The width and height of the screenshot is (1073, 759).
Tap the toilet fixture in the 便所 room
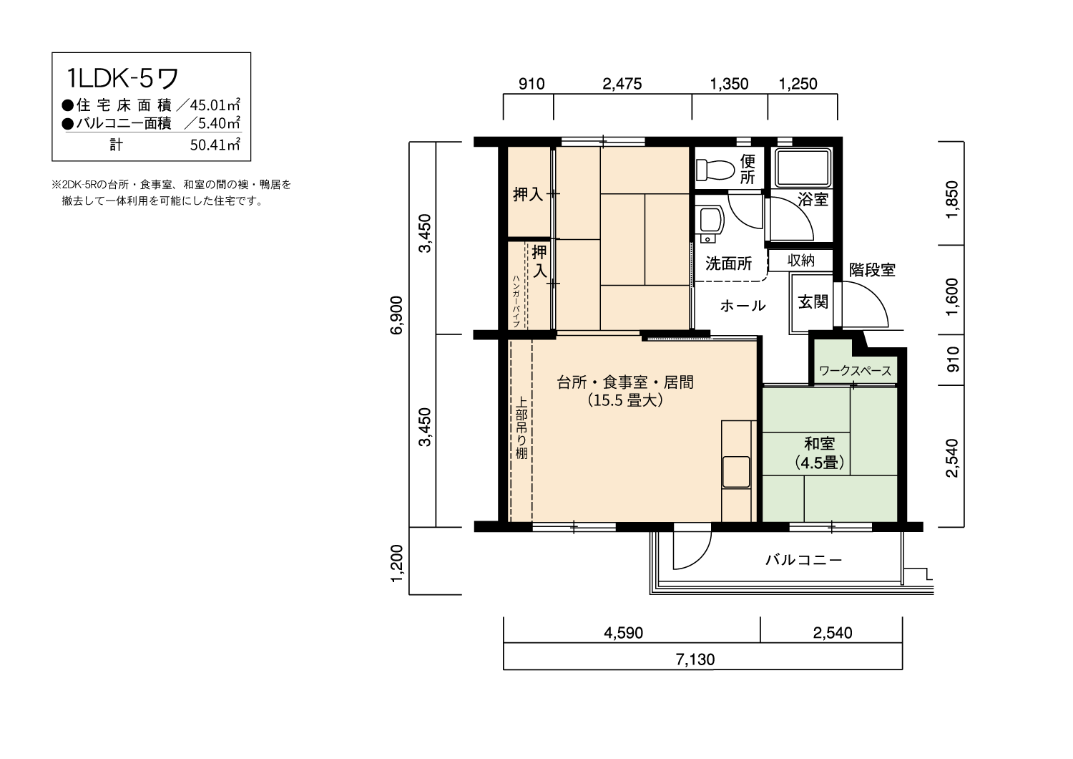[x=715, y=170]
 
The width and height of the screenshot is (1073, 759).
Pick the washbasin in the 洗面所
[x=710, y=222]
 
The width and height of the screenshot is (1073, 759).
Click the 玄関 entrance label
[x=813, y=302]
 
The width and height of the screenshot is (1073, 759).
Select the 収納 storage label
[x=801, y=260]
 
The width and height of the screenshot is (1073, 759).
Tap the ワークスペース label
[x=856, y=371]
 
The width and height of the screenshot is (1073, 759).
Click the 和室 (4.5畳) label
[x=820, y=453]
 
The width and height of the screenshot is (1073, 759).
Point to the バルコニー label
[x=803, y=560]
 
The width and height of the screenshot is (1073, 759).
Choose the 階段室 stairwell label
[x=872, y=270]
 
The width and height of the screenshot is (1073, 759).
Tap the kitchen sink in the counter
[x=736, y=473]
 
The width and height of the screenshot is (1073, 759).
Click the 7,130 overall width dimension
[x=695, y=659]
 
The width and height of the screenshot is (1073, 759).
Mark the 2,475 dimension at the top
[x=622, y=84]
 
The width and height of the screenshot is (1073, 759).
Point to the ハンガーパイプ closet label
[x=516, y=300]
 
